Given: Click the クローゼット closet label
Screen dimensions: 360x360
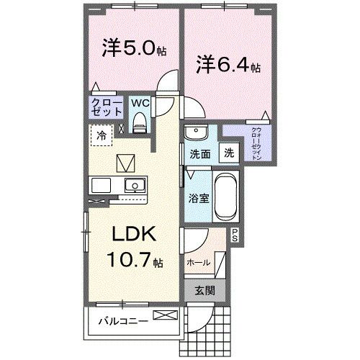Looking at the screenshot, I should (x=105, y=109).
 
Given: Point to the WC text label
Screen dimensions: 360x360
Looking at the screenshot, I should (x=140, y=103).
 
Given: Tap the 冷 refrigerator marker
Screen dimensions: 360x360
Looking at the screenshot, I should (x=102, y=134).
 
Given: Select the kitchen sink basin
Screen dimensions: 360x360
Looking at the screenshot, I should (x=133, y=185).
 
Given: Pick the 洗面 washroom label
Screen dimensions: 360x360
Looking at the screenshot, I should (x=199, y=153).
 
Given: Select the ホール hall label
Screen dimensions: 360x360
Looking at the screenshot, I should (x=199, y=263).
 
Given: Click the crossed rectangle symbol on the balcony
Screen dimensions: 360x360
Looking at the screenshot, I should (x=164, y=315).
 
